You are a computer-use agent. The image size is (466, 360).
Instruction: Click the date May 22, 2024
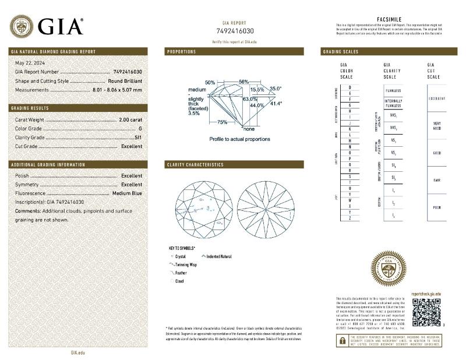click(30, 63)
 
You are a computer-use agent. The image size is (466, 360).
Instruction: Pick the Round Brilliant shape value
click(125, 81)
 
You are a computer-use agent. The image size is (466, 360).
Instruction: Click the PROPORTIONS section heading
click(182, 52)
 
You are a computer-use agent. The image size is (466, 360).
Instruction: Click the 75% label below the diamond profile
click(222, 122)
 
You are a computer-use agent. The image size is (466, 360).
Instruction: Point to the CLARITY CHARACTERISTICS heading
click(195, 165)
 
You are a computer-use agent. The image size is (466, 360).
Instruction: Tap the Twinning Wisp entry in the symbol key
click(185, 264)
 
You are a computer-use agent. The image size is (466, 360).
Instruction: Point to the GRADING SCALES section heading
click(341, 52)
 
